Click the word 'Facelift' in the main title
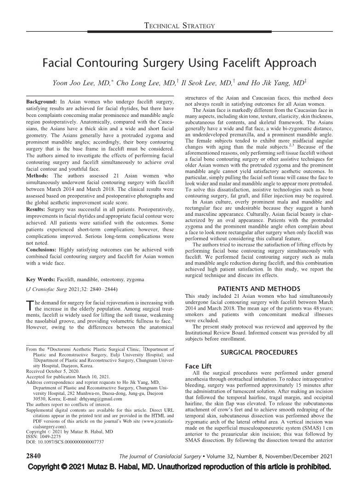(x=224, y=62)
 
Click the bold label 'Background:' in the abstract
(x=39, y=100)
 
